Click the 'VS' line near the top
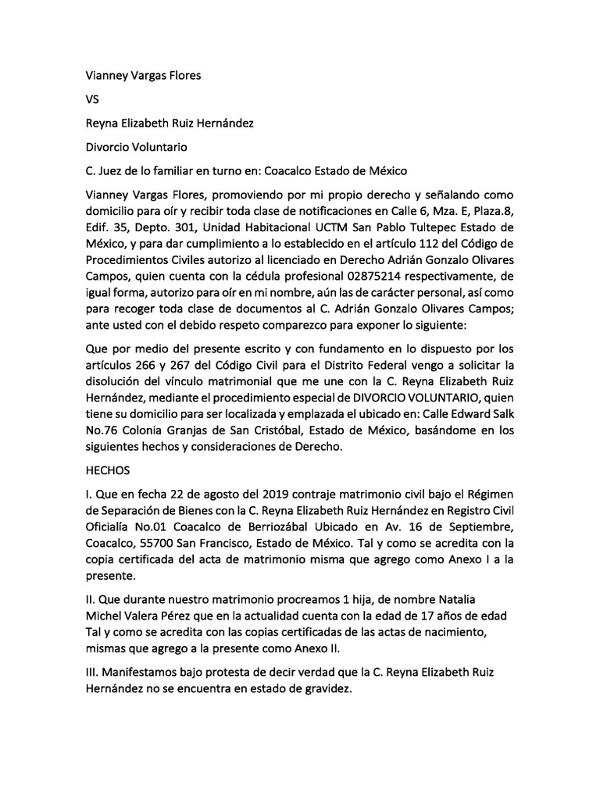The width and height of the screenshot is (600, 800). pos(92,100)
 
